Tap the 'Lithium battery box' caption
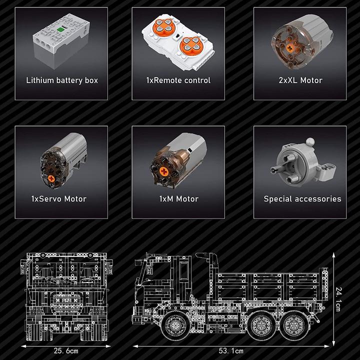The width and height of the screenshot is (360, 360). (62, 80)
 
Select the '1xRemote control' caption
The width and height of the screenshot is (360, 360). (178, 80)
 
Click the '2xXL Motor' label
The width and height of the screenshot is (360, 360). (300, 80)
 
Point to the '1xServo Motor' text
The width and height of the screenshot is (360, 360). (59, 199)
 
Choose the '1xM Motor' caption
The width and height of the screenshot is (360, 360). (179, 199)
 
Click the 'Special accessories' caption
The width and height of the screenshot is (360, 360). (302, 199)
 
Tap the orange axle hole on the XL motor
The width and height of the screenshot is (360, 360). (289, 48)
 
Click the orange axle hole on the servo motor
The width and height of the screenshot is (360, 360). (51, 178)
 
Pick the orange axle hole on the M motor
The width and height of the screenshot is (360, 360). (163, 171)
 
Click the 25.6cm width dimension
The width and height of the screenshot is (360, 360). (66, 351)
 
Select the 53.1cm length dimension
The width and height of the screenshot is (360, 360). (231, 351)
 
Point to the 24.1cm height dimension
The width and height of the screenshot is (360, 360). (338, 299)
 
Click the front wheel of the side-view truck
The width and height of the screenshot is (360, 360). (174, 325)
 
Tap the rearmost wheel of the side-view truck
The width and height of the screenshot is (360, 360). (293, 325)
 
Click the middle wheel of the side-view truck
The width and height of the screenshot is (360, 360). (261, 325)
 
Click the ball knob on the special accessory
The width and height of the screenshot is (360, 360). (310, 141)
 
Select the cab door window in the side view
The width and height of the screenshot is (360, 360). (184, 271)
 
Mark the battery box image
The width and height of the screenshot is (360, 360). (61, 41)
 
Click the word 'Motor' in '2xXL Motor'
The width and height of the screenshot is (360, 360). (311, 80)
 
